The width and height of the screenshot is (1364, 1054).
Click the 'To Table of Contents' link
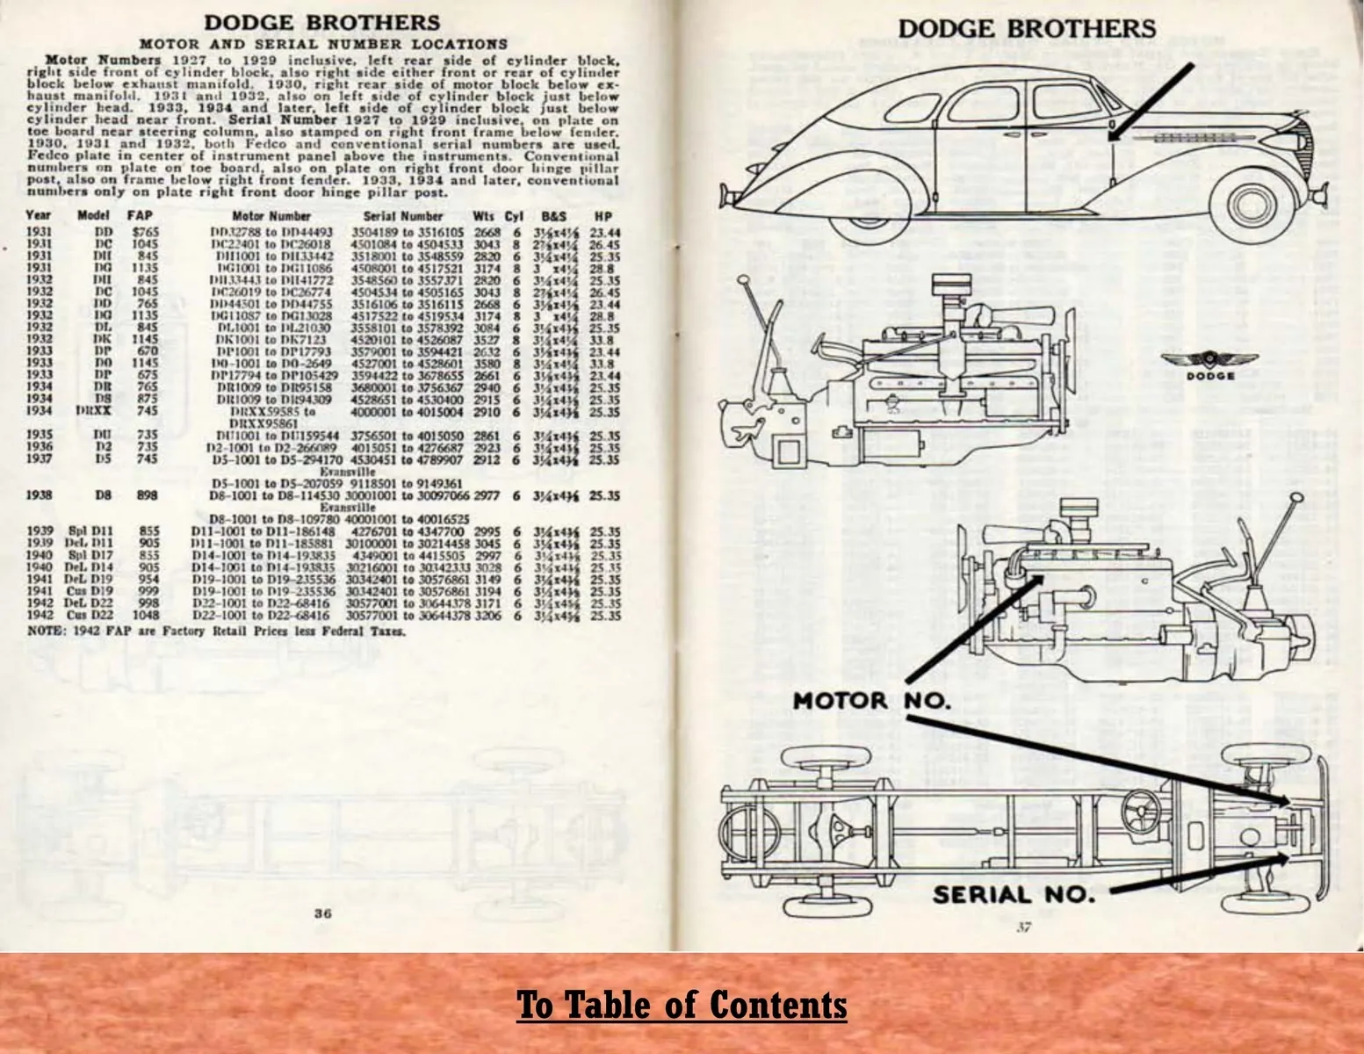682,1005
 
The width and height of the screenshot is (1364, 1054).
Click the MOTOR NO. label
870,701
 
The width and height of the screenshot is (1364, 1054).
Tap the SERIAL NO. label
1014,895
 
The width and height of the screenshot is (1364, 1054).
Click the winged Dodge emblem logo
1210,363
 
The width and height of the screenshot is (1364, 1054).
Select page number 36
323,913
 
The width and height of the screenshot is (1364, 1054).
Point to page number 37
1023,928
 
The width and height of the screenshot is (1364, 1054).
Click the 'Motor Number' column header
271,216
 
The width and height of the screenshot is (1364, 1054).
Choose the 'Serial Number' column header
403,216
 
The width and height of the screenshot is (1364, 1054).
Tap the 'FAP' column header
141,216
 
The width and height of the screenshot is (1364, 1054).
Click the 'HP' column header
603,216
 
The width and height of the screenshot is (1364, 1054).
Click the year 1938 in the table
40,495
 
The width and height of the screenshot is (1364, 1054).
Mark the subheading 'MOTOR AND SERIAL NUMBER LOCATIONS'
323,43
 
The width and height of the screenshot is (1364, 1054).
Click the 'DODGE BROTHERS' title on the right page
1027,28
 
